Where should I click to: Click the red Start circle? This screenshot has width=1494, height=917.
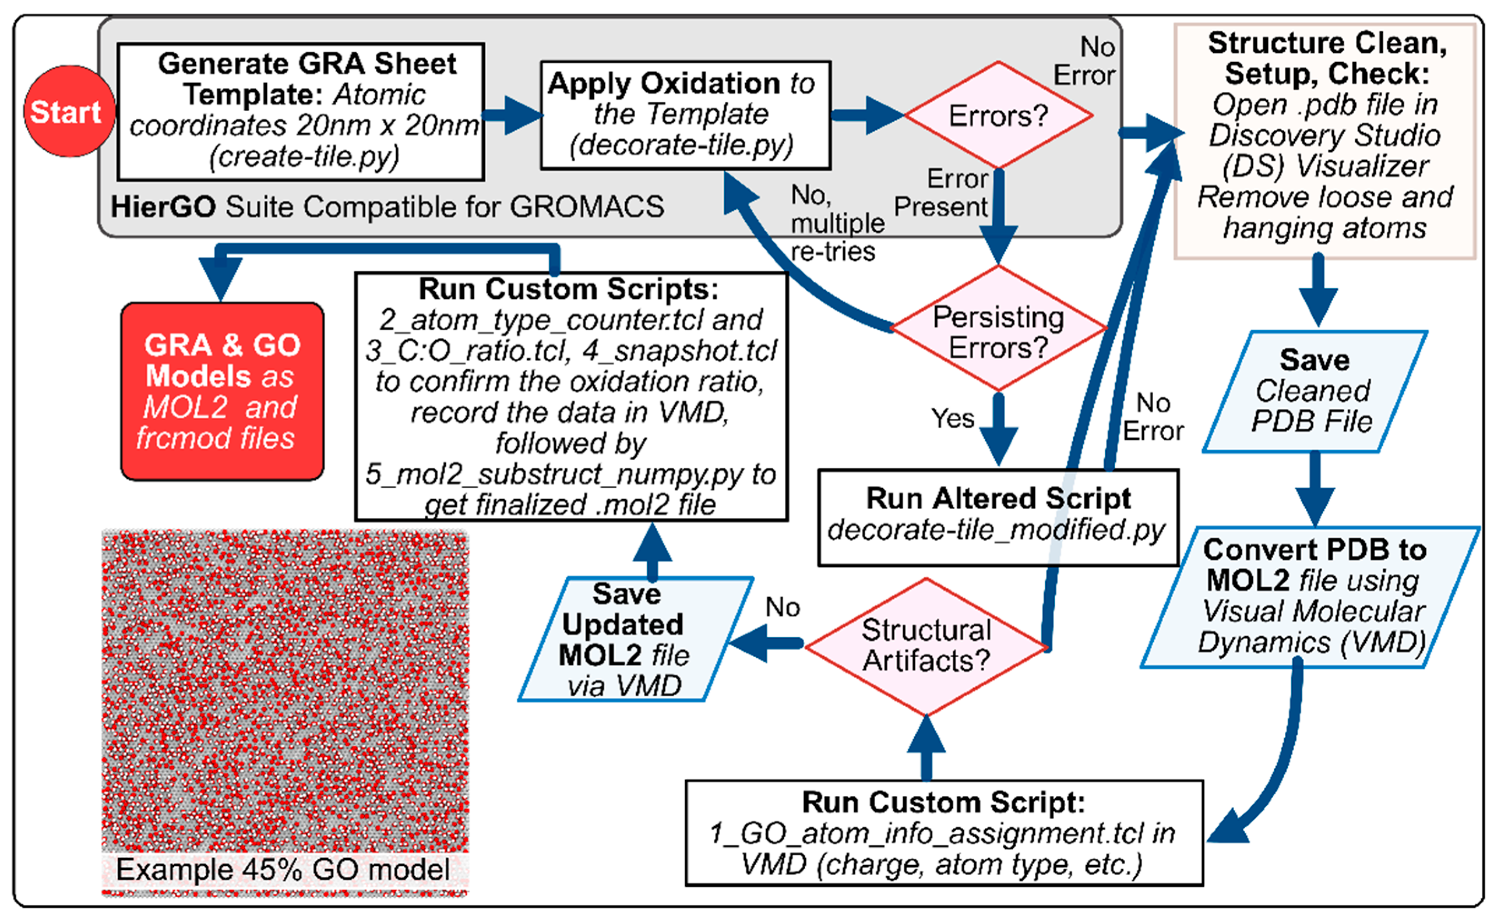click(69, 112)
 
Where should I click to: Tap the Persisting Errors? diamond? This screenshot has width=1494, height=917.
click(998, 331)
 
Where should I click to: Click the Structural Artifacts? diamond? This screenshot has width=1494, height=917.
click(926, 646)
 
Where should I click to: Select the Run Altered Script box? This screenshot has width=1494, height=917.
click(998, 516)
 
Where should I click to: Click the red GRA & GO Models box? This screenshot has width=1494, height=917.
click(222, 391)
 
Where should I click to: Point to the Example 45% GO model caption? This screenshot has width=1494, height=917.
click(283, 870)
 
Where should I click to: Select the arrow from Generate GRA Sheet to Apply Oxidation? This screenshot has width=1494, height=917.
click(513, 114)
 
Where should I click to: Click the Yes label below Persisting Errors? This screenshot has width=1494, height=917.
click(952, 418)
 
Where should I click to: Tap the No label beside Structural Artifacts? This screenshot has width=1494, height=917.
click(782, 607)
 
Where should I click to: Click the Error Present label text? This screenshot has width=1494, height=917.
click(941, 193)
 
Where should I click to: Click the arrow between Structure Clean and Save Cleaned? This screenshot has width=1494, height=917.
click(1318, 291)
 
